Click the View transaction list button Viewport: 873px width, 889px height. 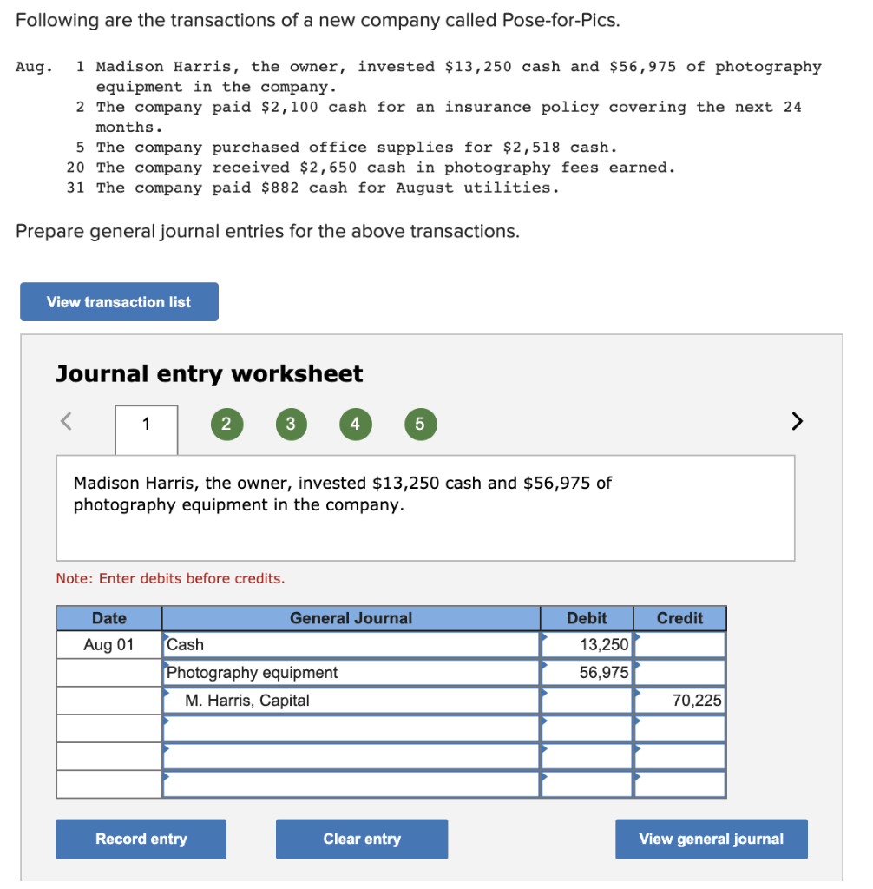119,302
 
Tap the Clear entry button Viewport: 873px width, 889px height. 362,839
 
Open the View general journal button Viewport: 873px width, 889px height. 711,839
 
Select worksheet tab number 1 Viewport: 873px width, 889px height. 146,425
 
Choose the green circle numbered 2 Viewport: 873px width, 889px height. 226,425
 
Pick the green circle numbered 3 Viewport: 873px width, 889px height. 291,425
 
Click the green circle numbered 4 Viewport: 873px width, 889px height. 354,425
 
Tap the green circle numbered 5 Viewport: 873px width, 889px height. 419,425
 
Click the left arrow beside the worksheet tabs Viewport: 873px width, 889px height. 65,423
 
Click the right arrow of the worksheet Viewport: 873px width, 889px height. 797,423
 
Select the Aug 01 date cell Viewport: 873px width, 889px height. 109,645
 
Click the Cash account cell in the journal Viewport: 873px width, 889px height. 351,645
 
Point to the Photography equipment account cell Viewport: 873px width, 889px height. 351,673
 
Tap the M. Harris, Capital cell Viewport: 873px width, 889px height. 351,701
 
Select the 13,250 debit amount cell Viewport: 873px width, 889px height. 587,645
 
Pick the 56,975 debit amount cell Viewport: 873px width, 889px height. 587,673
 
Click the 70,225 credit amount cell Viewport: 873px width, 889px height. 680,701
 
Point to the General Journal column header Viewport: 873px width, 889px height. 351,618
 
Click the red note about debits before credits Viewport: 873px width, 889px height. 170,578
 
